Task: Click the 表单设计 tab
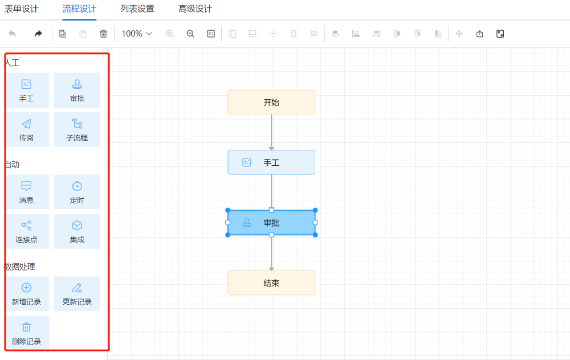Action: pyautogui.click(x=22, y=9)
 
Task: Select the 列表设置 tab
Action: pyautogui.click(x=137, y=9)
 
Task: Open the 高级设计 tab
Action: pyautogui.click(x=195, y=9)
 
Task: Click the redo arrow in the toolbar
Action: pyautogui.click(x=38, y=34)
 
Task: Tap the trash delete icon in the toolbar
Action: pyautogui.click(x=103, y=34)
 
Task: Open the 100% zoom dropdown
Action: pyautogui.click(x=137, y=34)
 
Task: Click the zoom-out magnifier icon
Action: pyautogui.click(x=190, y=34)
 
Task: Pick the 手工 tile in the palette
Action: pyautogui.click(x=26, y=90)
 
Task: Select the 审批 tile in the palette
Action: pyautogui.click(x=77, y=90)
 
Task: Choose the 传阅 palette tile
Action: pyautogui.click(x=26, y=129)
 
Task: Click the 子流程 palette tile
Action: pyautogui.click(x=77, y=129)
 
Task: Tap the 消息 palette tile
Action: pyautogui.click(x=26, y=192)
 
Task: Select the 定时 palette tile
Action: pyautogui.click(x=77, y=192)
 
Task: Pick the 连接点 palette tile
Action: pyautogui.click(x=26, y=231)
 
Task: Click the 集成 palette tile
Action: pyautogui.click(x=77, y=231)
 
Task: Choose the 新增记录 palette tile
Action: pyautogui.click(x=26, y=294)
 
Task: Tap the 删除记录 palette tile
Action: pyautogui.click(x=26, y=333)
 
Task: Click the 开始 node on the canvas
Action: pyautogui.click(x=271, y=102)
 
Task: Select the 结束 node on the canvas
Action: pyautogui.click(x=271, y=283)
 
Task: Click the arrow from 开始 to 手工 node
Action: pyautogui.click(x=271, y=132)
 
